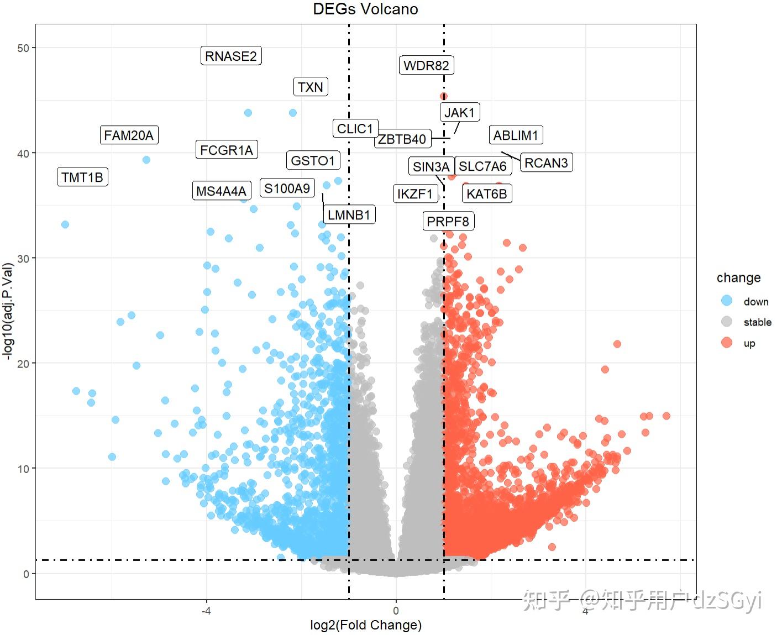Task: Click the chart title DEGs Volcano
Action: (x=365, y=9)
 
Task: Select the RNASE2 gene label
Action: (x=231, y=56)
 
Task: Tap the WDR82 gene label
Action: (x=426, y=65)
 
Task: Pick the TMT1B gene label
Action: (x=82, y=177)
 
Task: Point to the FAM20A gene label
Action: (x=129, y=135)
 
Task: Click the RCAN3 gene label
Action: (x=547, y=162)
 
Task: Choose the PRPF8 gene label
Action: (x=448, y=221)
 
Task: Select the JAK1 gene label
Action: (x=460, y=112)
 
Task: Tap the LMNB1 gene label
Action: (x=349, y=215)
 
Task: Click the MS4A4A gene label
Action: (x=222, y=191)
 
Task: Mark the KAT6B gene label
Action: (x=487, y=193)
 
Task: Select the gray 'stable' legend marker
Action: (x=727, y=322)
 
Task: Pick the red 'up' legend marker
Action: (x=727, y=343)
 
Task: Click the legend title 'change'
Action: (x=739, y=278)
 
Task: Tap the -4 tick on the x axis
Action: (x=206, y=611)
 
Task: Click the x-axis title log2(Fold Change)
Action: (x=366, y=624)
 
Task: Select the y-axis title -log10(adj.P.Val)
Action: (x=8, y=311)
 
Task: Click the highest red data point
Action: (x=443, y=97)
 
